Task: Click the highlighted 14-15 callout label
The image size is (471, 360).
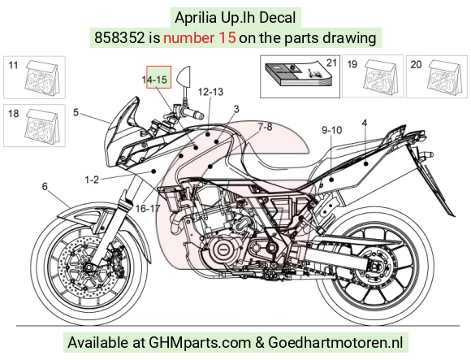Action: point(154,80)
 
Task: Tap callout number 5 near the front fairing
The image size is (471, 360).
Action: point(76,112)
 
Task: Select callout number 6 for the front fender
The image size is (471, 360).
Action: point(45,187)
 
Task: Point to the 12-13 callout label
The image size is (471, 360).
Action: point(210,92)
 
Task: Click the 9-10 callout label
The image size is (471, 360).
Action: point(331,130)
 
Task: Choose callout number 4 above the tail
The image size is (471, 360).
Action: point(365,123)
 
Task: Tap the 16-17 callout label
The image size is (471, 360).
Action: point(148,208)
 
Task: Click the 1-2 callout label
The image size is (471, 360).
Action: point(92,180)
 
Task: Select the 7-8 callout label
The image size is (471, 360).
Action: point(265,127)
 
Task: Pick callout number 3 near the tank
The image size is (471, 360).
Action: point(236,109)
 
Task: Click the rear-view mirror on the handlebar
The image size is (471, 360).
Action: point(184,77)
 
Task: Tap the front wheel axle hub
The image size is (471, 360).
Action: point(89,267)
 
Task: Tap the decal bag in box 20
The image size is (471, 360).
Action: point(443,77)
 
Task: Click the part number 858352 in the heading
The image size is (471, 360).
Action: point(119,38)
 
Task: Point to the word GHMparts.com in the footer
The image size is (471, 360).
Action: point(200,343)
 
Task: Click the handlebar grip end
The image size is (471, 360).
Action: point(200,115)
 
